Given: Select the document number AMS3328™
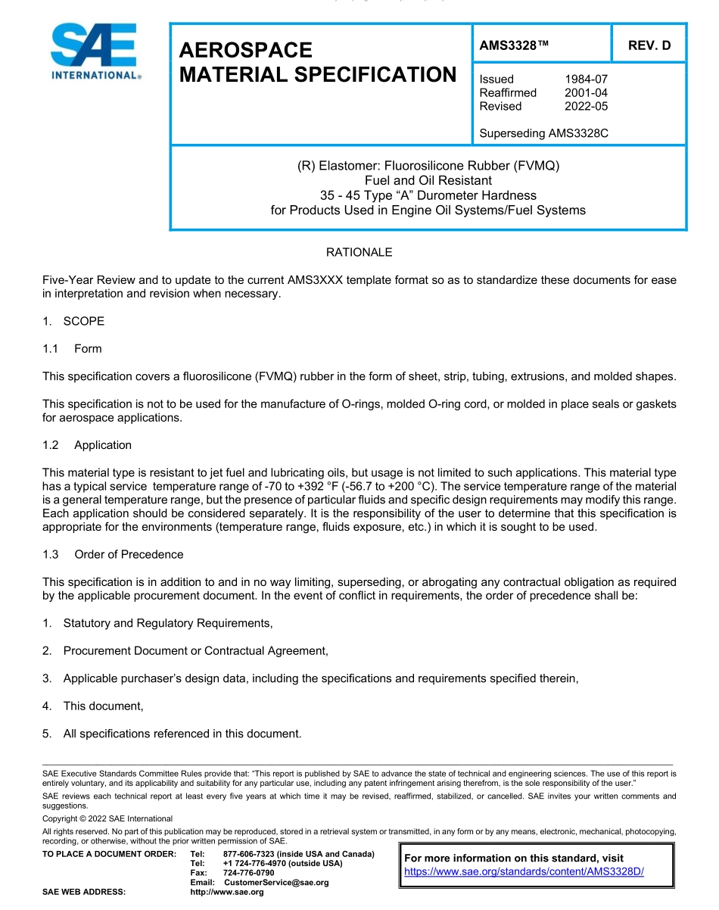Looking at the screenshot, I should point(513,45).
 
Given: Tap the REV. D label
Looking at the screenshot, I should point(649,45).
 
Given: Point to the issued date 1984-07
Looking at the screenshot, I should point(586,79).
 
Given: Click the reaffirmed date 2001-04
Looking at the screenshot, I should point(586,93).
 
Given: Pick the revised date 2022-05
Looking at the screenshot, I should point(586,107).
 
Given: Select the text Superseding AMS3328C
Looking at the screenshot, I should point(543,134).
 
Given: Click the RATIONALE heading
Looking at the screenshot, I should point(359,252).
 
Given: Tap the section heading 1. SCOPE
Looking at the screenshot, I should point(73,321).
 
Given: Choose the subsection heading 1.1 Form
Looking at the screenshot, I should point(72,349).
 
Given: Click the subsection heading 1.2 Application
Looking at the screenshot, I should point(87,445).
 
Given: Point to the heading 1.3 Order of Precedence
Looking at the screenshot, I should point(113,554).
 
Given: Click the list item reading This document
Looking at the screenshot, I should point(103,706).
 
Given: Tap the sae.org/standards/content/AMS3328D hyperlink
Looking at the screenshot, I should point(524,871).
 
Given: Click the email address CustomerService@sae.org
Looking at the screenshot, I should point(276,883).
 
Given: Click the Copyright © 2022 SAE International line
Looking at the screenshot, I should point(107,818).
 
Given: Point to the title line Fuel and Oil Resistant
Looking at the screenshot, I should point(428,180).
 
